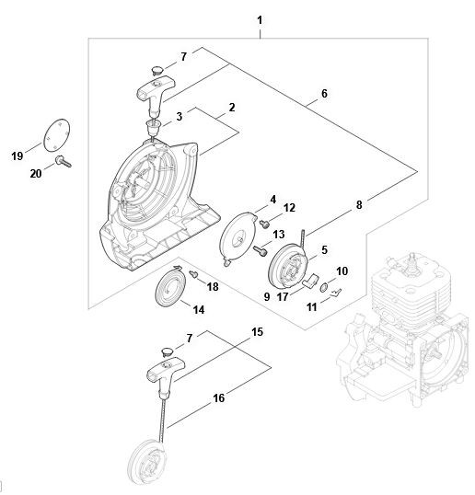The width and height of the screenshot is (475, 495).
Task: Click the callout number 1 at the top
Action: tap(260, 21)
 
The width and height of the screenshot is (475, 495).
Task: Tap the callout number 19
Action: tap(17, 155)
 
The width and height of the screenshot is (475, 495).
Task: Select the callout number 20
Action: tap(36, 173)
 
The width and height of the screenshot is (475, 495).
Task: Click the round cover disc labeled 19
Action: tap(56, 135)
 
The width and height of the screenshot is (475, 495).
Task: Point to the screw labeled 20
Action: tap(64, 161)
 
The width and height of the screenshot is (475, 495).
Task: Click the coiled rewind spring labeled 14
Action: tap(170, 286)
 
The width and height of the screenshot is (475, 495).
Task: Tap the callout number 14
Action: tap(198, 310)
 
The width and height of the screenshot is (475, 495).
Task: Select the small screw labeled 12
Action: tap(265, 224)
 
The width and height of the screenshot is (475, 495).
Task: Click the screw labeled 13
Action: tap(261, 250)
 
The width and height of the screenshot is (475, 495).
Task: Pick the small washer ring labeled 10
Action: tap(323, 288)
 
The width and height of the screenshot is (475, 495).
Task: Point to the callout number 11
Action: tap(312, 307)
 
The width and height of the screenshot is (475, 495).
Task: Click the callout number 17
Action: tap(283, 297)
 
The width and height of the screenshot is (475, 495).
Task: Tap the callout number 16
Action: tap(218, 398)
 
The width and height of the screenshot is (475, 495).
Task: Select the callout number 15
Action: tap(257, 332)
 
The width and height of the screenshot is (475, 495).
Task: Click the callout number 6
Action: tap(324, 94)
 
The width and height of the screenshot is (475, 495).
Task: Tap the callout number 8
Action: tap(359, 205)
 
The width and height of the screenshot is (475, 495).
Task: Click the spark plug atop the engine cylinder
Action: tap(412, 265)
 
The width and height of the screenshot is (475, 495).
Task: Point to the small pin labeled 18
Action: tap(193, 273)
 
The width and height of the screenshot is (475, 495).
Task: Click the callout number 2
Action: tap(232, 108)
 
